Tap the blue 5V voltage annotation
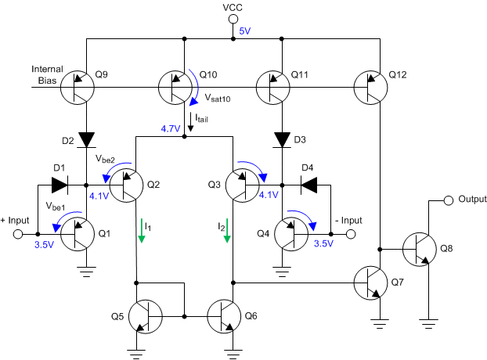click(x=245, y=31)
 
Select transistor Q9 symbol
click(x=77, y=86)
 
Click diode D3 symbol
click(x=281, y=139)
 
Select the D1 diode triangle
click(x=60, y=185)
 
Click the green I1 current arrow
click(x=142, y=231)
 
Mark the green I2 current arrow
click(x=227, y=231)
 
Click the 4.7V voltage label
click(x=170, y=128)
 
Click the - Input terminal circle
click(x=351, y=233)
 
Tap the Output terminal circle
click(x=449, y=200)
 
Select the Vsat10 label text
click(x=218, y=100)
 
